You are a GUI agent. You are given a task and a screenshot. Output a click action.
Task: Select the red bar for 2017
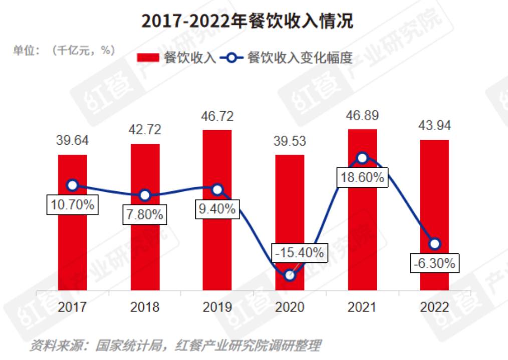click(73, 240)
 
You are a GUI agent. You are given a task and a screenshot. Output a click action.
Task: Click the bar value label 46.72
click(217, 117)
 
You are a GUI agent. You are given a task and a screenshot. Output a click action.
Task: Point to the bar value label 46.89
click(362, 116)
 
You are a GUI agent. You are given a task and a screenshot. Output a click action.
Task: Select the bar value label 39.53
click(290, 141)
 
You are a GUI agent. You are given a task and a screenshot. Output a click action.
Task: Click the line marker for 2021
click(362, 158)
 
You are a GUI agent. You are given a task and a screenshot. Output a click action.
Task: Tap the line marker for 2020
click(290, 275)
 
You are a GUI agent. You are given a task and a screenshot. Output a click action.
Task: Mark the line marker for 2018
click(145, 195)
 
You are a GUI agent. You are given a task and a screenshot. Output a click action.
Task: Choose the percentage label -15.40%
click(299, 253)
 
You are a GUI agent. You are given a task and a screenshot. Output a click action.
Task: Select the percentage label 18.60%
click(362, 177)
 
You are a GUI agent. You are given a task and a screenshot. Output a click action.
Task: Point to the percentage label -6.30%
click(434, 263)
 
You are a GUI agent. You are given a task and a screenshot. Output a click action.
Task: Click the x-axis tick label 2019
click(217, 307)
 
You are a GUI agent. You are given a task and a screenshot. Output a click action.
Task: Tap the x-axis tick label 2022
click(434, 307)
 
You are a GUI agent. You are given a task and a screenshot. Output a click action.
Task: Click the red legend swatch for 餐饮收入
click(148, 58)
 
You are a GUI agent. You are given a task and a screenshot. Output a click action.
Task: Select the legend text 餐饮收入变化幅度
click(300, 58)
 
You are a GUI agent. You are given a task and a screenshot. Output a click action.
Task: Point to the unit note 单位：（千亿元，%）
click(64, 50)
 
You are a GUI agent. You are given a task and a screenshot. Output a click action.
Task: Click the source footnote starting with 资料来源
click(175, 345)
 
